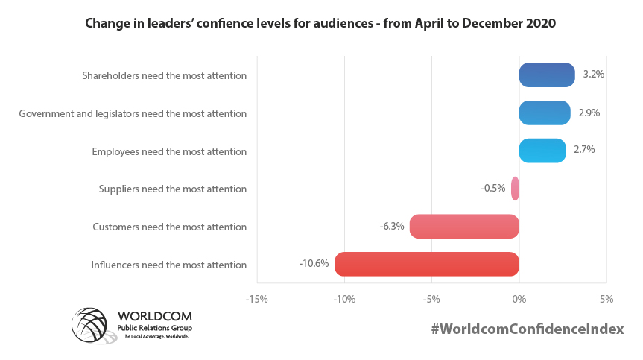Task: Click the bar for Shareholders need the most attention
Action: pyautogui.click(x=547, y=75)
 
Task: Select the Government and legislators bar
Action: pyautogui.click(x=545, y=113)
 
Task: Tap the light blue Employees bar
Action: pyautogui.click(x=542, y=151)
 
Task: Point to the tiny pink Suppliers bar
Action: pyautogui.click(x=515, y=189)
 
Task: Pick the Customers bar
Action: pyautogui.click(x=464, y=227)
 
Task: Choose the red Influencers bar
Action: pyautogui.click(x=426, y=264)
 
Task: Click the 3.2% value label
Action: pyautogui.click(x=593, y=75)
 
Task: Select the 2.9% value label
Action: pyautogui.click(x=589, y=113)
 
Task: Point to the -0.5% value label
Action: pyautogui.click(x=493, y=189)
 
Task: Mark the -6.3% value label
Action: pyautogui.click(x=391, y=227)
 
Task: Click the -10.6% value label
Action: pyautogui.click(x=314, y=264)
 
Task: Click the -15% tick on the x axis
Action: pyautogui.click(x=257, y=299)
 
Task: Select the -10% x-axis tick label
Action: pyautogui.click(x=344, y=299)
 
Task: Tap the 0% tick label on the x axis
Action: pyautogui.click(x=519, y=299)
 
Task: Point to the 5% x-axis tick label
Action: pyautogui.click(x=606, y=299)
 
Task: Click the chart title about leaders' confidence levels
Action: pyautogui.click(x=321, y=24)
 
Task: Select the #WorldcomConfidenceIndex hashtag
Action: pyautogui.click(x=527, y=329)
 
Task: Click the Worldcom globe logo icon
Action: pyautogui.click(x=92, y=326)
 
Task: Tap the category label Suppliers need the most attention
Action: pyautogui.click(x=172, y=189)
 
